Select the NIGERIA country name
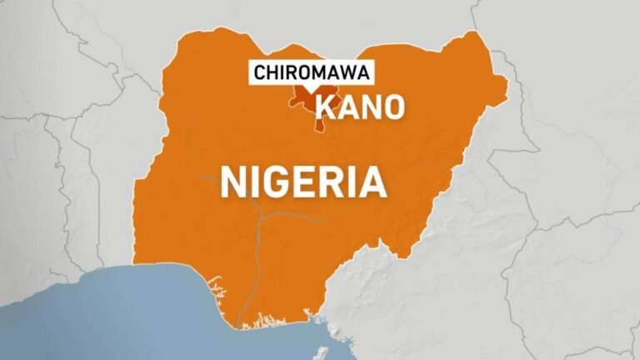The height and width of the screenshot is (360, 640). (x=303, y=181)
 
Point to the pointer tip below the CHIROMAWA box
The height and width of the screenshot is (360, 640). (x=311, y=91)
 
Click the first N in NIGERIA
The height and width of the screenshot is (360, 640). (x=234, y=181)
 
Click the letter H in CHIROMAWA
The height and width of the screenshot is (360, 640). (x=273, y=72)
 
